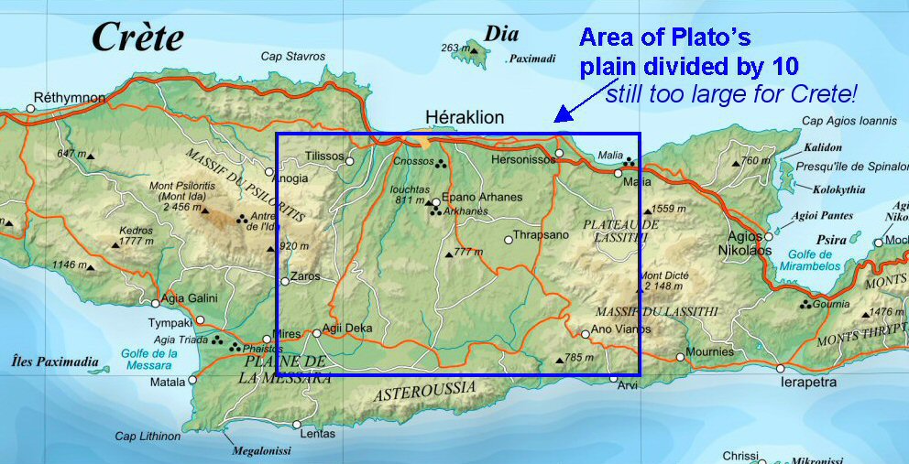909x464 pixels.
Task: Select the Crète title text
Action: click(137, 38)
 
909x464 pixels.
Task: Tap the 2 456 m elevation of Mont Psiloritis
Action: click(180, 208)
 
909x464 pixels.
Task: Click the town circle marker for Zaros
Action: click(284, 281)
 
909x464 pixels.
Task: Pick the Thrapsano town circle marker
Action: click(509, 240)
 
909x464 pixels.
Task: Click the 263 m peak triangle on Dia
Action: click(474, 50)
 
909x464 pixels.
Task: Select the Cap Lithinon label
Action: click(148, 437)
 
